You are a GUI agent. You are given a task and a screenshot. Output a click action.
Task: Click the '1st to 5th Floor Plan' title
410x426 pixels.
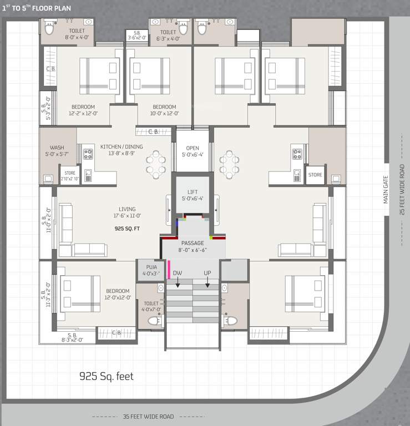point(37,8)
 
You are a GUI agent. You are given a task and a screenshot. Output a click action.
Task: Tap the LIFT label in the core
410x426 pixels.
point(193,191)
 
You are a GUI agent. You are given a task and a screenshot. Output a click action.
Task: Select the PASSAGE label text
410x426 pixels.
point(193,243)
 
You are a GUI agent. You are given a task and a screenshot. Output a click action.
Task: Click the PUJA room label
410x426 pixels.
point(148,267)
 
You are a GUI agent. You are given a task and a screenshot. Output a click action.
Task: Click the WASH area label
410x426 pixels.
point(57,148)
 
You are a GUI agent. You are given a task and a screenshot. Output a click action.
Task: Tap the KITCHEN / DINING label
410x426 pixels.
point(122,147)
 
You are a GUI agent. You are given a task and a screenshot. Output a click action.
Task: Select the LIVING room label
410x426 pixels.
point(127,209)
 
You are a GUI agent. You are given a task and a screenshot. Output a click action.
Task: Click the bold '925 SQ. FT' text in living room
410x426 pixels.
point(127,228)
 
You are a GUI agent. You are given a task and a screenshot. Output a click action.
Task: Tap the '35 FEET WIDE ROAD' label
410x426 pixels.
point(148,417)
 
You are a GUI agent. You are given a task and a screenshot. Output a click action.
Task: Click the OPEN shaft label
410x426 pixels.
point(193,148)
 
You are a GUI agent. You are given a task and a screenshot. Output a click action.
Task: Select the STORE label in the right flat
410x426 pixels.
point(315,175)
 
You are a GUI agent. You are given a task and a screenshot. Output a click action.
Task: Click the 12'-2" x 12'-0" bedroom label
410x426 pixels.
point(83,110)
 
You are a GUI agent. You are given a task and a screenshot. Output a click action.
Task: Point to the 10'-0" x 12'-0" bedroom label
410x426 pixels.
point(165,110)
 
